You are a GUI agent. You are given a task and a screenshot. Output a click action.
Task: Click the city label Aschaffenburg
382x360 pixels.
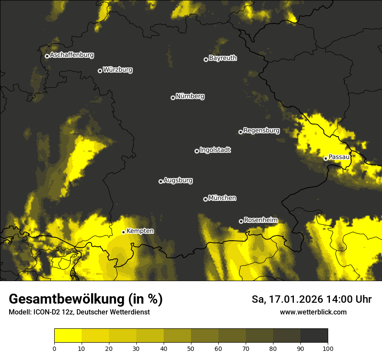click(72, 55)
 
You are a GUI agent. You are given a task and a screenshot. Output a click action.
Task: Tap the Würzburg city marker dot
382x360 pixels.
click(100, 71)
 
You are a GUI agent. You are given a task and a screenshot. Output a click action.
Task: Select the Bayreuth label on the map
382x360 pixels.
click(223, 58)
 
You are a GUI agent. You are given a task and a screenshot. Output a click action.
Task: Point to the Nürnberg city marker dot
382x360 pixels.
click(173, 98)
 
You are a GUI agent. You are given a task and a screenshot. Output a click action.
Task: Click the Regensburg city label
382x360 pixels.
click(261, 130)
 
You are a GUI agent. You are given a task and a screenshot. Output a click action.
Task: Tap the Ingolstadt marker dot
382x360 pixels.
click(197, 151)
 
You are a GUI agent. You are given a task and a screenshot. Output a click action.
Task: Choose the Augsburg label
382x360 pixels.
click(178, 180)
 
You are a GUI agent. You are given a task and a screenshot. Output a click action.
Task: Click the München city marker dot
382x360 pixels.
click(205, 200)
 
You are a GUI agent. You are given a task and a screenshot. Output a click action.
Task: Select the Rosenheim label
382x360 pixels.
click(260, 220)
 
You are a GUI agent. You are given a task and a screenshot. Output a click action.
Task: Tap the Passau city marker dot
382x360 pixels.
click(326, 158)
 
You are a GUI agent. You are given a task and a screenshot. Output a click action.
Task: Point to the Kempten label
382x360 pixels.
click(140, 231)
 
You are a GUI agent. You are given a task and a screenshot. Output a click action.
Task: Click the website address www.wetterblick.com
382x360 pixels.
click(313, 312)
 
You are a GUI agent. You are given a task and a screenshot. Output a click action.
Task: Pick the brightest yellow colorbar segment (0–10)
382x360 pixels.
click(68, 335)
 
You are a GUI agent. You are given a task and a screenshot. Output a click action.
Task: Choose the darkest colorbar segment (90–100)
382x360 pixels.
click(314, 335)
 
